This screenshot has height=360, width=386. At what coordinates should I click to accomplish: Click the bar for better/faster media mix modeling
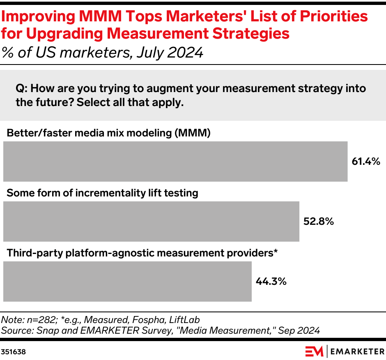click(175, 162)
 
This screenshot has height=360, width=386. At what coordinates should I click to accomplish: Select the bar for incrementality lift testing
click(151, 221)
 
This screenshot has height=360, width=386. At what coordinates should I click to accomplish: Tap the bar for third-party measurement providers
click(127, 282)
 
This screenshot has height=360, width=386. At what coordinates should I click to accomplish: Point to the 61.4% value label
click(366, 162)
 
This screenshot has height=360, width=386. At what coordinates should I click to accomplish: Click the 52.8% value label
click(318, 222)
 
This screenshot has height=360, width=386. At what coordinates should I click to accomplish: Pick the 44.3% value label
click(271, 282)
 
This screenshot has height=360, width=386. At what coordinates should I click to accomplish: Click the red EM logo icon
click(315, 352)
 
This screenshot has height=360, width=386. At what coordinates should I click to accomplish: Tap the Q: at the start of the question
click(21, 88)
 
